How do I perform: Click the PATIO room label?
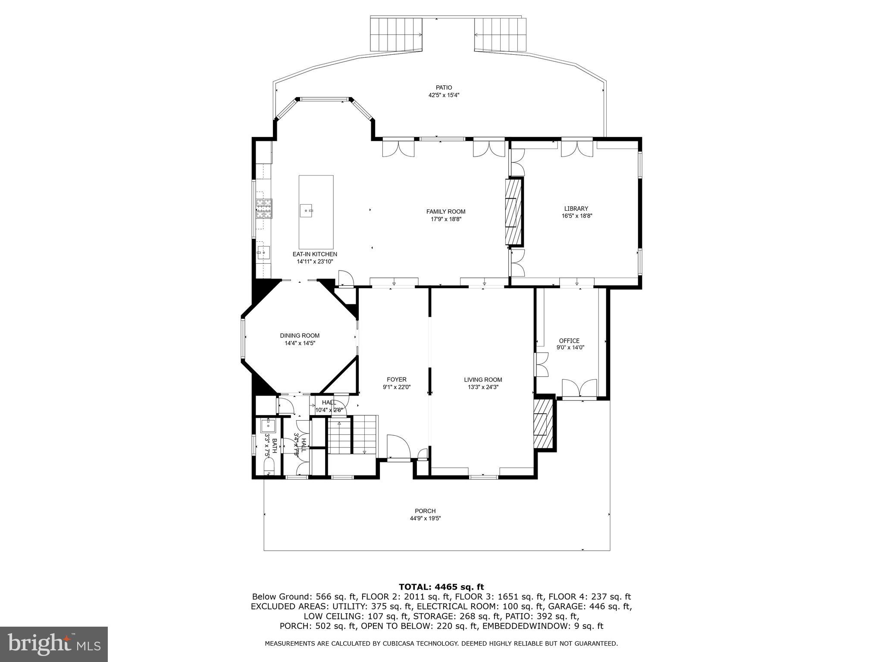point(444,87)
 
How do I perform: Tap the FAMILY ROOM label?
point(446,212)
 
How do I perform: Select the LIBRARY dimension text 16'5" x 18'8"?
point(576,216)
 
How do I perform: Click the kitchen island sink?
point(307,211)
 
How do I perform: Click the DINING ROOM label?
point(300,336)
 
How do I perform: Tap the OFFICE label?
point(569,340)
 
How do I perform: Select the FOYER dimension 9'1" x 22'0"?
point(396,387)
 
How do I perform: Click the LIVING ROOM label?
point(483,380)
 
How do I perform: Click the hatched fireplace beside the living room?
point(543,425)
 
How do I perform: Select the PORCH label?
point(425,511)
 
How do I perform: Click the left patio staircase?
point(396,34)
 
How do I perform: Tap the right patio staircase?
point(500,34)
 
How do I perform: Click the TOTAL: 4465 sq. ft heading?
point(441,587)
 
